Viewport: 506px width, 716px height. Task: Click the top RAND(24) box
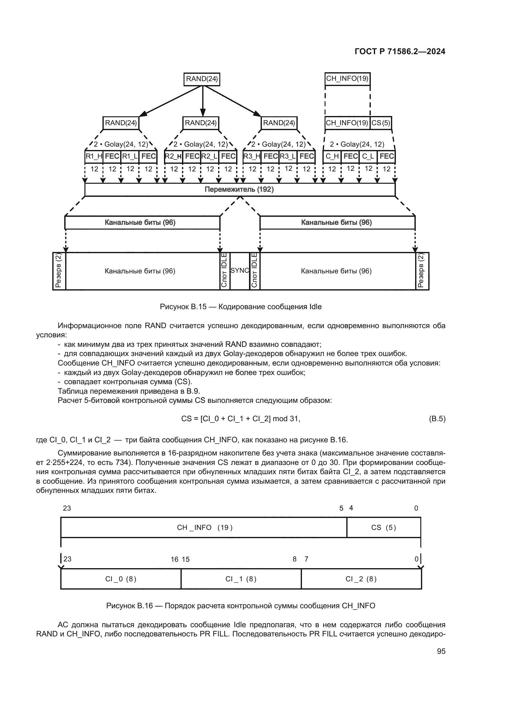(202, 79)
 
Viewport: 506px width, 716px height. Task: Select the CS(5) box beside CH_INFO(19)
(381, 123)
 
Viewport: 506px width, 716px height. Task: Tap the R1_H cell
(94, 156)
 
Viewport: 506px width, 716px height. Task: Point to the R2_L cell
(210, 156)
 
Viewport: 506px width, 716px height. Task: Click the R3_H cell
(252, 156)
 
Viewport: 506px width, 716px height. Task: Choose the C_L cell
(368, 156)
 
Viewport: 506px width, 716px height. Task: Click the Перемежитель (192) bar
(240, 189)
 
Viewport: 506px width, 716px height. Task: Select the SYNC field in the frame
(240, 271)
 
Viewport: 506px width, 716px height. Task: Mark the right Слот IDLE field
(255, 271)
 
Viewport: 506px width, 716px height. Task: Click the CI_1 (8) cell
(241, 579)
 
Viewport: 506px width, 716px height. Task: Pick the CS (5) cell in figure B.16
(384, 527)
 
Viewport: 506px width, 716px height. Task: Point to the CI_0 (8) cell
(121, 579)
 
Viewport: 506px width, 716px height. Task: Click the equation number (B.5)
(437, 419)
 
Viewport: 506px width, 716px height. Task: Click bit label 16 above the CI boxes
(174, 560)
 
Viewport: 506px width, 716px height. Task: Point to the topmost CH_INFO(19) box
(348, 79)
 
